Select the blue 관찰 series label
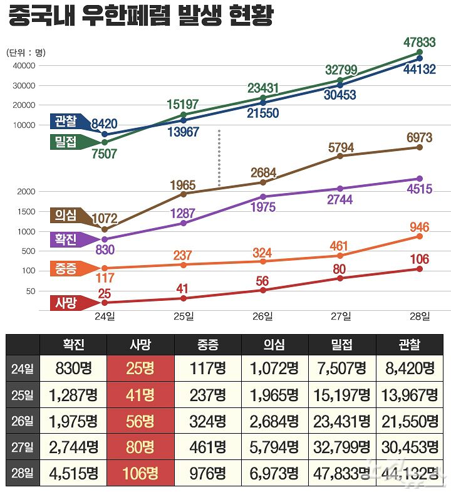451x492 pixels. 65,121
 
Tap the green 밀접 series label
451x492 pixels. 65,142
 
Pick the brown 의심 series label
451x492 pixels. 65,216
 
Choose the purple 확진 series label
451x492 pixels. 65,239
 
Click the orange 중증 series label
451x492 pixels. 65,269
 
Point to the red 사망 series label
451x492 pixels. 65,303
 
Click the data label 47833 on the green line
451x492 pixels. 420,42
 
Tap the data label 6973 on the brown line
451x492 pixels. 419,137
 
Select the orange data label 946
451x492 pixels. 420,227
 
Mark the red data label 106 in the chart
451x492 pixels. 419,259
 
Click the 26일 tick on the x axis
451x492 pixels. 262,317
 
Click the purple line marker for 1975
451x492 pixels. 262,197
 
